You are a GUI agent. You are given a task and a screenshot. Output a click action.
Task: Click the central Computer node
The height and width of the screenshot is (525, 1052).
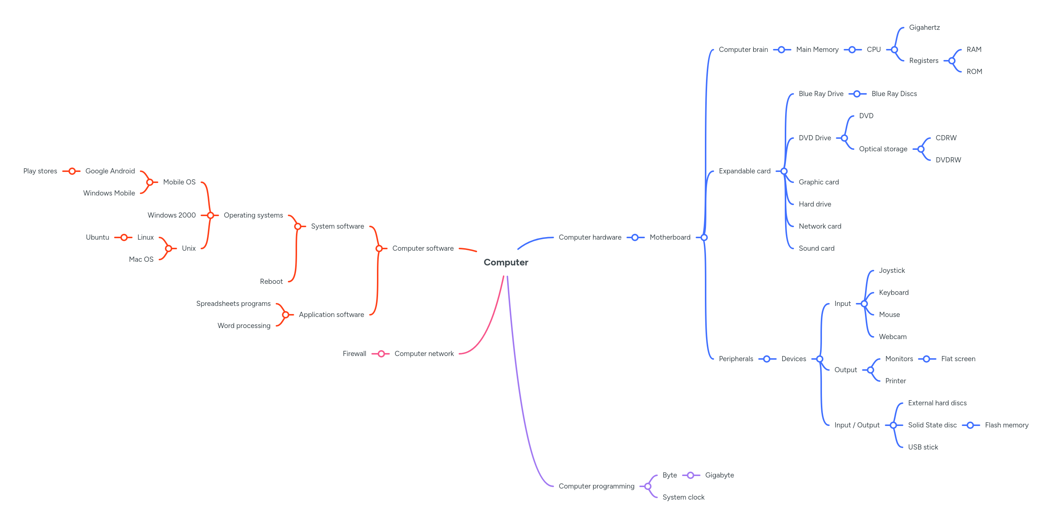506,262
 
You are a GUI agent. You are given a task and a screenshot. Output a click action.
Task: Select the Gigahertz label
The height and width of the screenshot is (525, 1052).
924,27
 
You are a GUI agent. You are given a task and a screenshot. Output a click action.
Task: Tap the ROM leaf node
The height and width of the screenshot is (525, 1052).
974,71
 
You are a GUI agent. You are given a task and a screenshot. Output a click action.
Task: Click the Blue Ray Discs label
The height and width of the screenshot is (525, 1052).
894,94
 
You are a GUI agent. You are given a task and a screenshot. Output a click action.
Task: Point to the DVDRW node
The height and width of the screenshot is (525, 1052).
948,160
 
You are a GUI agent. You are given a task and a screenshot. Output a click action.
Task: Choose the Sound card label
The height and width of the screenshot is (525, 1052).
816,248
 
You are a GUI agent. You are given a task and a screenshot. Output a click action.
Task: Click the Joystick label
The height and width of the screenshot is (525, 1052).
892,271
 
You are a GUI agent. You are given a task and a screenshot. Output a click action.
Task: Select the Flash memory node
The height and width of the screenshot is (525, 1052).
1006,425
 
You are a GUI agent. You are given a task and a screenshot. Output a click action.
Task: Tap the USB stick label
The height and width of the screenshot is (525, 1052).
922,447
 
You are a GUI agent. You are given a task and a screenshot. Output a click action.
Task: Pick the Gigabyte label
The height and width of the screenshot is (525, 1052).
719,475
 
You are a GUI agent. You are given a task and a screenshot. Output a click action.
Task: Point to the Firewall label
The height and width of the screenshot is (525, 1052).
354,353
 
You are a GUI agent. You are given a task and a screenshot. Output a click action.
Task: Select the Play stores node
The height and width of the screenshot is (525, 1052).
40,171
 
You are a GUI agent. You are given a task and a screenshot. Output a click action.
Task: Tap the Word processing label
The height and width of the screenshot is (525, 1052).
244,325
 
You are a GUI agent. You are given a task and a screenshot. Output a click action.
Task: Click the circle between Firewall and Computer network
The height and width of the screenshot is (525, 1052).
381,354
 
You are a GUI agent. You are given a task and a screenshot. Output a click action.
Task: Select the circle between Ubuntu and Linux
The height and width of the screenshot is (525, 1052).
124,237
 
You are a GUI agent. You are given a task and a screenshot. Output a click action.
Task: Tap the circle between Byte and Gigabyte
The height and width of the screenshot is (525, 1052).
690,475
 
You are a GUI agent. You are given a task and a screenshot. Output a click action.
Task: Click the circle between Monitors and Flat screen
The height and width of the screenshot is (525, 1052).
926,359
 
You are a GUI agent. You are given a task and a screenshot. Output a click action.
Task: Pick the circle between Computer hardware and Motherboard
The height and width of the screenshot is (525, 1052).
635,237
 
